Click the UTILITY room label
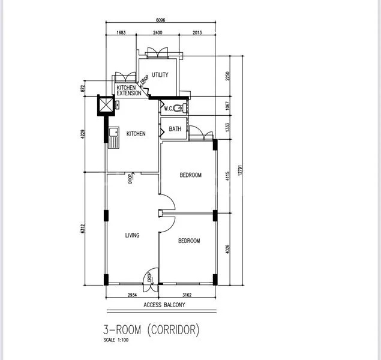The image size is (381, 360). pyautogui.click(x=160, y=75)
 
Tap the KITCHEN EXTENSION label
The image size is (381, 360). pyautogui.click(x=130, y=90)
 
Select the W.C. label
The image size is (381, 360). pyautogui.click(x=169, y=109)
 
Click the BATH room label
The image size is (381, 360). pyautogui.click(x=175, y=129)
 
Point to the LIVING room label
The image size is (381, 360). pyautogui.click(x=132, y=235)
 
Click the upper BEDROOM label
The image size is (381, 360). pyautogui.click(x=191, y=175)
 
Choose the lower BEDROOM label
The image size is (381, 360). pyautogui.click(x=189, y=241)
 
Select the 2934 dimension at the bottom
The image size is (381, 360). pyautogui.click(x=132, y=295)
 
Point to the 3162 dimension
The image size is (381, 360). pyautogui.click(x=187, y=295)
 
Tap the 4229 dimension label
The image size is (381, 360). pyautogui.click(x=84, y=134)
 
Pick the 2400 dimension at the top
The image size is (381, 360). pyautogui.click(x=157, y=33)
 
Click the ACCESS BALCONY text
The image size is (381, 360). pyautogui.click(x=164, y=305)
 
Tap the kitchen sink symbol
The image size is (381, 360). pyautogui.click(x=114, y=138)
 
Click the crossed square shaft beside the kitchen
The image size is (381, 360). pyautogui.click(x=106, y=104)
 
